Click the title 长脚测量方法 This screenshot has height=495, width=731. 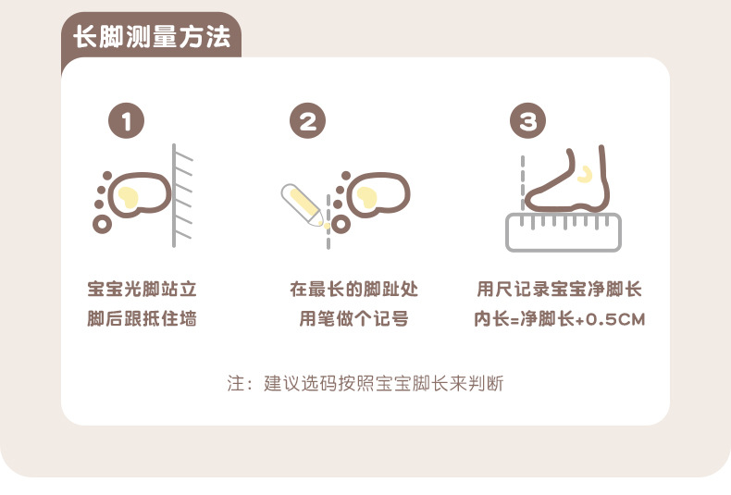coord(152,37)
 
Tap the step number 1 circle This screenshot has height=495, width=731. coord(127,120)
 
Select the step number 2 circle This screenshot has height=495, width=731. coord(308,120)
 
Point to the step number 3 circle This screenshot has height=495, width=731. coord(527,120)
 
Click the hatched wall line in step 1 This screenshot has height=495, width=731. coord(174,196)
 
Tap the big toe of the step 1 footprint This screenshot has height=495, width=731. coord(103,224)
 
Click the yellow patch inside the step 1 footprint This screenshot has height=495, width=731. coord(128,197)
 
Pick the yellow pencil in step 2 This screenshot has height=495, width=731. coord(302,205)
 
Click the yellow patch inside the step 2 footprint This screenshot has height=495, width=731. coord(366,197)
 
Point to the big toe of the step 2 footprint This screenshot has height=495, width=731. coord(341,224)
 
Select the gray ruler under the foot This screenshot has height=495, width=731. coord(564,232)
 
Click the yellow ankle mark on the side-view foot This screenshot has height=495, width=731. coord(585,174)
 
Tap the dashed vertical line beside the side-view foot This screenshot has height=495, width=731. coord(523,182)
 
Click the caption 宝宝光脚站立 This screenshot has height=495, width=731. coord(142,289)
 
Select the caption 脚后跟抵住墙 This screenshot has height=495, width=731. coord(142,319)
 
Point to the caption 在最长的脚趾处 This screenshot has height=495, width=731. coord(353,289)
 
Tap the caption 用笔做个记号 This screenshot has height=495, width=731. coord(353,319)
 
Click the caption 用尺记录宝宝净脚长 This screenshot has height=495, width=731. coord(560,289)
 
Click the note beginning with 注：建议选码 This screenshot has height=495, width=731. coord(365,383)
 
